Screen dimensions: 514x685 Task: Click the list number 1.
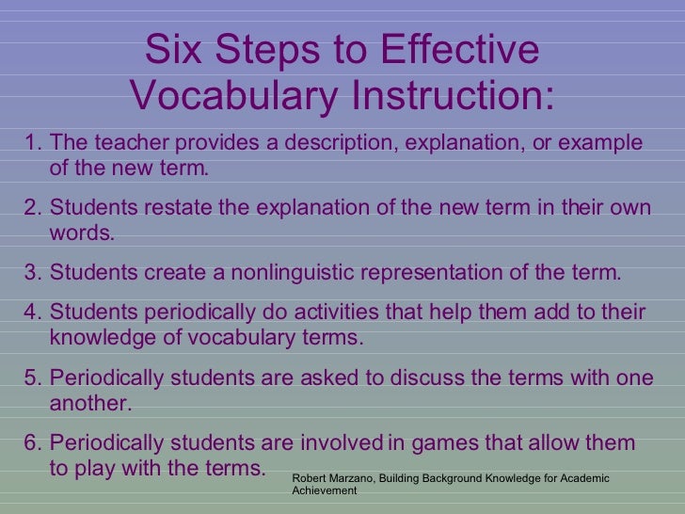(32, 143)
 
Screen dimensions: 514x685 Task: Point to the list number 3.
(32, 274)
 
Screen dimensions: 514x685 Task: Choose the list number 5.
(32, 377)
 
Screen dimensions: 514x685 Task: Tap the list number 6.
(32, 442)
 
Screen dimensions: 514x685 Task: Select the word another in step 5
(90, 404)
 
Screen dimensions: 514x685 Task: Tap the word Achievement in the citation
(325, 490)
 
